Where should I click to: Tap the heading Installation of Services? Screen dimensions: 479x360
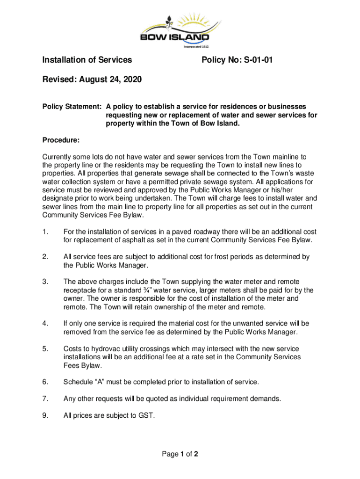pyautogui.click(x=87, y=60)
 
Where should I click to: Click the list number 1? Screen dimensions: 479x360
pyautogui.click(x=45, y=232)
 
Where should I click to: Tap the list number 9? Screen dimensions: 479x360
pyautogui.click(x=45, y=414)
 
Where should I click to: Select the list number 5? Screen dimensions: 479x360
pyautogui.click(x=45, y=349)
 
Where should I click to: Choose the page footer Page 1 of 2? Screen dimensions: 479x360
pyautogui.click(x=180, y=454)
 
